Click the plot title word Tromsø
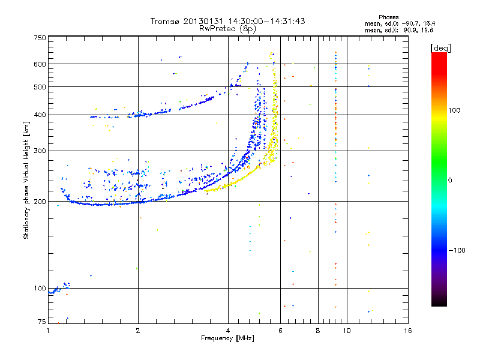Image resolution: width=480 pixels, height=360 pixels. click(x=165, y=21)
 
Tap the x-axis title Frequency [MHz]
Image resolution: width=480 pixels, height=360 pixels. click(x=227, y=339)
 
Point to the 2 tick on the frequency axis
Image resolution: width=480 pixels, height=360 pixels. click(x=138, y=331)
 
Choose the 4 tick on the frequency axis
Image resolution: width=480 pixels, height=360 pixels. click(x=228, y=331)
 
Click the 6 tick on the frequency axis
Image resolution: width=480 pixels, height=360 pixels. click(x=281, y=331)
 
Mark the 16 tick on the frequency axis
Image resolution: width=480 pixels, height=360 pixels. click(x=408, y=331)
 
